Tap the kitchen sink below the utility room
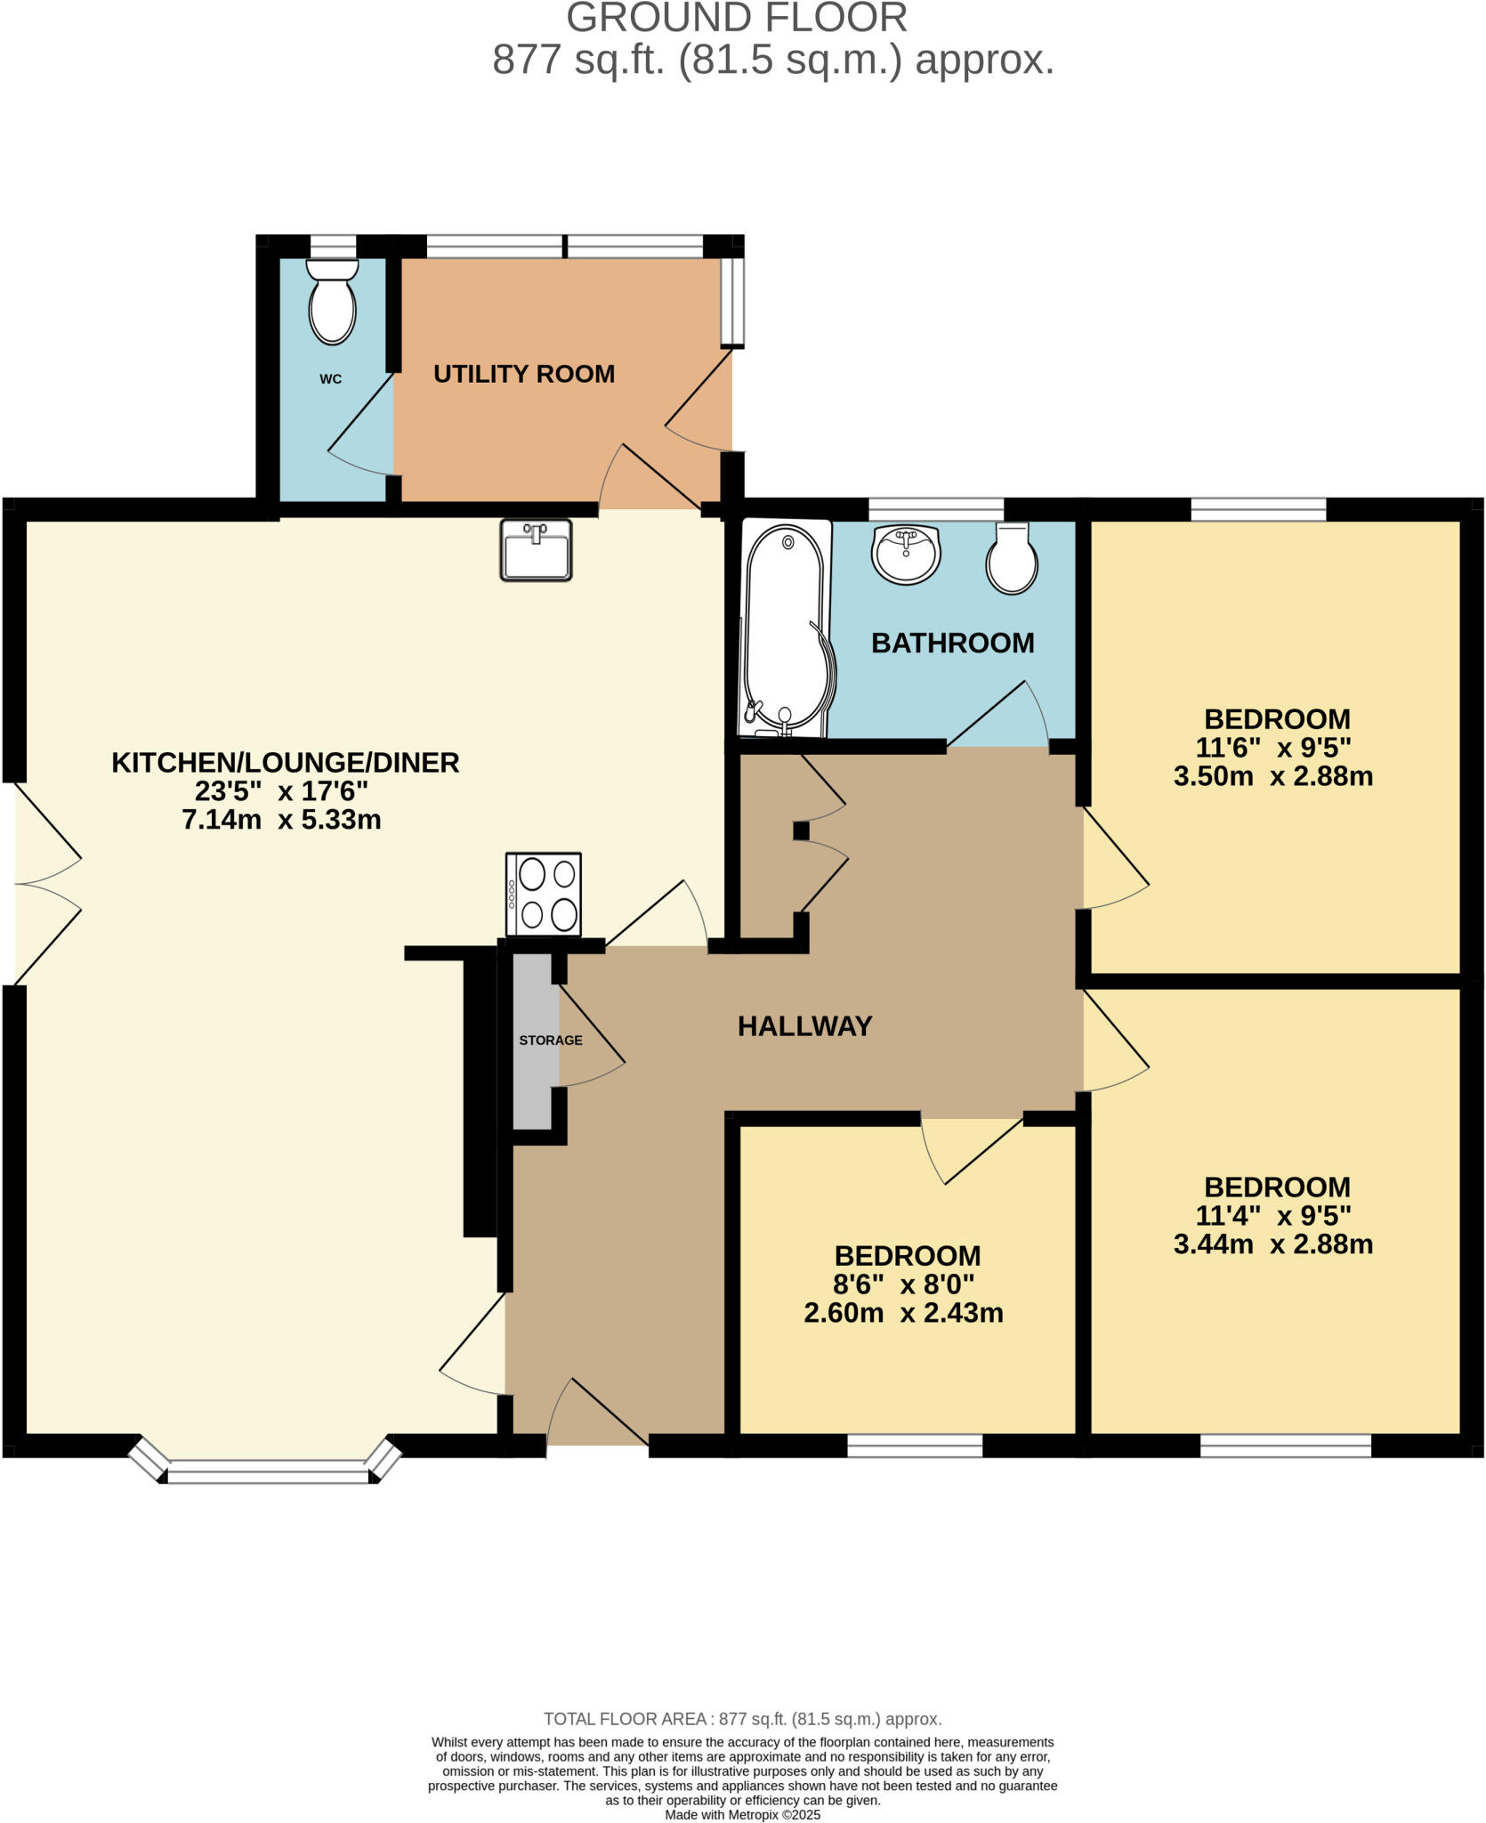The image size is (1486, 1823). click(x=536, y=550)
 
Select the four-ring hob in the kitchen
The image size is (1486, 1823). click(x=543, y=895)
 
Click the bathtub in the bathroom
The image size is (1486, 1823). click(x=786, y=630)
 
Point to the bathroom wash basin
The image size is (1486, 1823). click(x=906, y=554)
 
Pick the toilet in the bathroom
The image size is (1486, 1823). click(x=1012, y=558)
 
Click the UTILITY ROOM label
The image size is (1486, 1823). click(x=524, y=374)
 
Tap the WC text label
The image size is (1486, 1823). click(x=330, y=379)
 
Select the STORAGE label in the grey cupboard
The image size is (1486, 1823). click(x=551, y=1040)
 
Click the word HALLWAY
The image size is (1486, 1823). click(x=804, y=1026)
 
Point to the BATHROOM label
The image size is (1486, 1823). click(x=952, y=643)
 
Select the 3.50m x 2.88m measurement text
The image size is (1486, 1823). click(x=1272, y=776)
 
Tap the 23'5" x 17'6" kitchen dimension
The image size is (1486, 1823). click(x=281, y=790)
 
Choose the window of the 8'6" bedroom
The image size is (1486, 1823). click(x=914, y=1446)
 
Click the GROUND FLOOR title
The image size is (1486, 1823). click(x=737, y=18)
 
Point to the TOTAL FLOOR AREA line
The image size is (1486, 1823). click(x=742, y=1719)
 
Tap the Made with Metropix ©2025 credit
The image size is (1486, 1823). click(x=742, y=1814)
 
